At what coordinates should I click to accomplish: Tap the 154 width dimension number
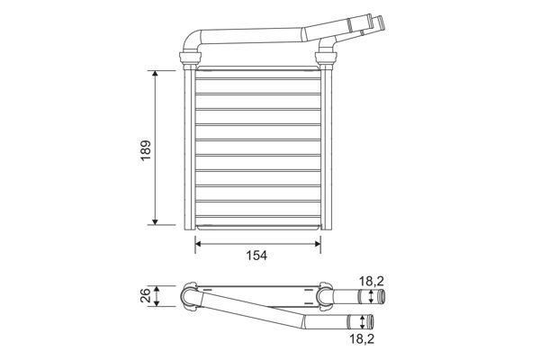[x=256, y=255]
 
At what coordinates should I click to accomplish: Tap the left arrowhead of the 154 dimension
[x=198, y=241]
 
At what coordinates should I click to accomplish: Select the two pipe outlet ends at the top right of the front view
[x=372, y=23]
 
